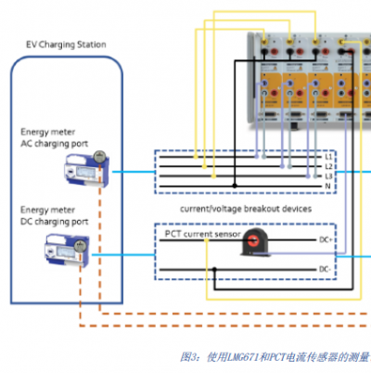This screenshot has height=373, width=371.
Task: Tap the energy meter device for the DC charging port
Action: click(69, 248)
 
